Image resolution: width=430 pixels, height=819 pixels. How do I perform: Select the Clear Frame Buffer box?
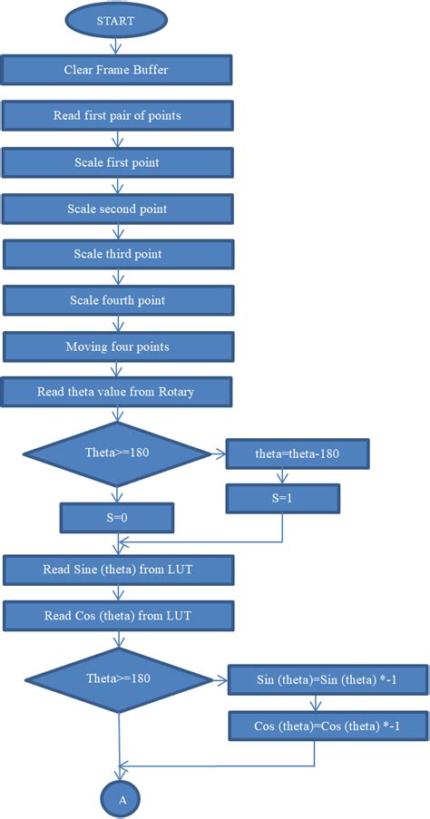[x=116, y=69]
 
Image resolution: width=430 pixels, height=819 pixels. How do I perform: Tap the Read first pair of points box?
[x=117, y=116]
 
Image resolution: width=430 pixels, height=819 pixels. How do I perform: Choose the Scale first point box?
[x=117, y=162]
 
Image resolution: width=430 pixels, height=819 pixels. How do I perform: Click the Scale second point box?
[x=117, y=209]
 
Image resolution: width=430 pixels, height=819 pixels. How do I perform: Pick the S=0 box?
[x=117, y=519]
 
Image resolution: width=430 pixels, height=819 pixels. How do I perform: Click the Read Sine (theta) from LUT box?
[x=119, y=570]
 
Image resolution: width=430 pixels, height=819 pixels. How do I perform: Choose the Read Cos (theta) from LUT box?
[x=119, y=616]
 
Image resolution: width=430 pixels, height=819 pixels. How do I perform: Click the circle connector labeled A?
[x=120, y=799]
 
